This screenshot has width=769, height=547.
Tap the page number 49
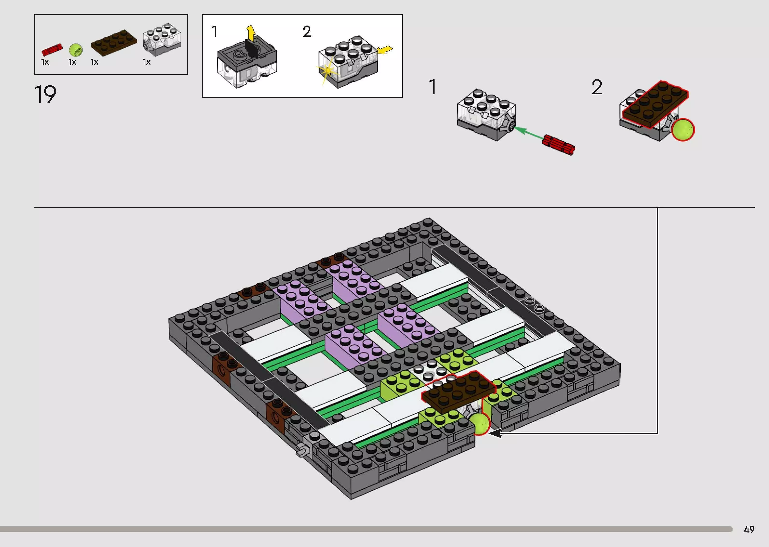click(749, 529)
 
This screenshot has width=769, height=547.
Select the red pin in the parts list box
click(52, 49)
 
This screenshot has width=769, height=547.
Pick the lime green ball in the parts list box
click(76, 50)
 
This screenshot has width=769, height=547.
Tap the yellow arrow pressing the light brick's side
click(385, 50)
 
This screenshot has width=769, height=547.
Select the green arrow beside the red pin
click(528, 133)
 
